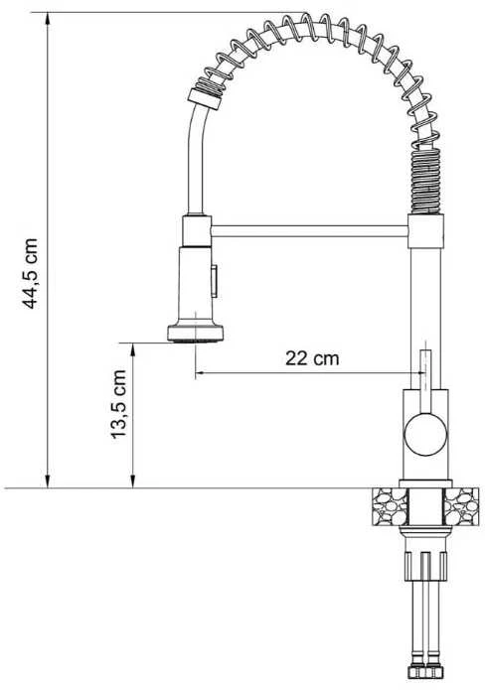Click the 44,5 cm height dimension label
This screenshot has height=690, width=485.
pos(30,273)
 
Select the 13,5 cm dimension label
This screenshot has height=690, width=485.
pos(118,404)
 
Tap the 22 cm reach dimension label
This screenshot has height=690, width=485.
pos(312,358)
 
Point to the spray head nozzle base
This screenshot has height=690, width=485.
pos(195,334)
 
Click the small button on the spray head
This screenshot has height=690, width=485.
pos(215,280)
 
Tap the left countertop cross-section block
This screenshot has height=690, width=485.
pos(390,506)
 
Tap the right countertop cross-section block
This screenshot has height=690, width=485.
pos(461,506)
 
